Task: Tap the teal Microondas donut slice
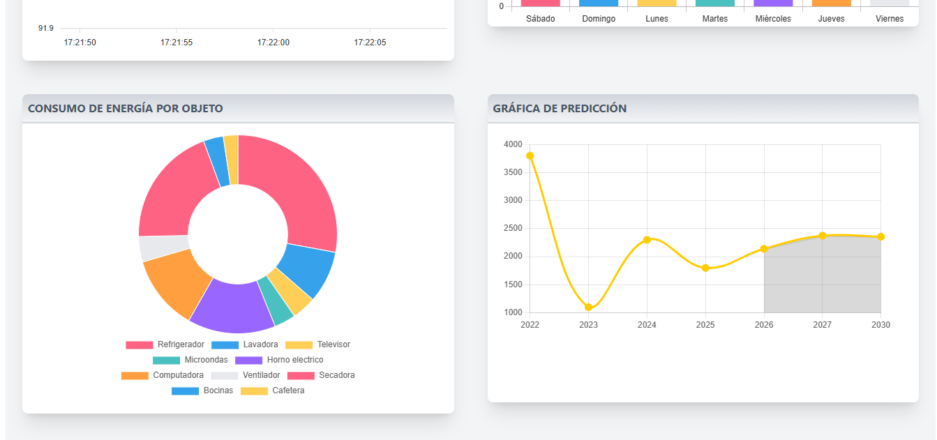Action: pos(276,304)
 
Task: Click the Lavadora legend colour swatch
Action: pos(225,344)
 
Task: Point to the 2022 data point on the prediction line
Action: pos(530,155)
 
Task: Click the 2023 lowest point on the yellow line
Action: pos(588,307)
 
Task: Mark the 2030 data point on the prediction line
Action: pos(880,236)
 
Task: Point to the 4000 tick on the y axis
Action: pos(513,144)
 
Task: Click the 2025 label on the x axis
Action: pos(705,325)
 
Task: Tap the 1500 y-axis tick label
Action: pos(513,285)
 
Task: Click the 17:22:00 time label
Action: pos(273,43)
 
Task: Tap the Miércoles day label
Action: pos(773,19)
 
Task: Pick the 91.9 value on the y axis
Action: pos(45,29)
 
